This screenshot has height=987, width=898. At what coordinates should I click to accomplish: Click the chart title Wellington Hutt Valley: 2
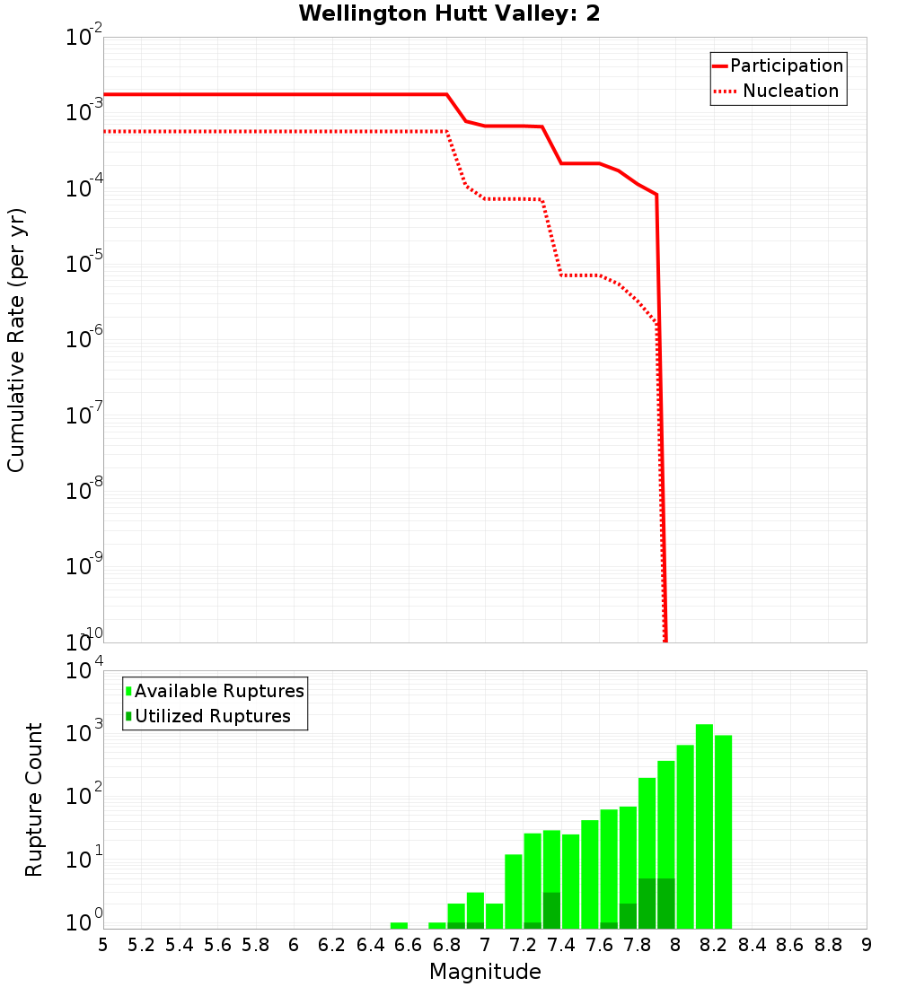click(449, 13)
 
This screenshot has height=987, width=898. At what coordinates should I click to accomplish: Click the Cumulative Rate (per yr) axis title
click(16, 340)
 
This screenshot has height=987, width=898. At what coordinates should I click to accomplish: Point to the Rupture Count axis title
click(34, 799)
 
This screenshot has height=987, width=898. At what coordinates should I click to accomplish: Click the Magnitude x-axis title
click(485, 972)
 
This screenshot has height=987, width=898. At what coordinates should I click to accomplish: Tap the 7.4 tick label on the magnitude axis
click(561, 945)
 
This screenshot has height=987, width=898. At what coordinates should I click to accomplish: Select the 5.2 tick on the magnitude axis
click(141, 945)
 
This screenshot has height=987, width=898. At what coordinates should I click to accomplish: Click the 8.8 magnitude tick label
click(828, 945)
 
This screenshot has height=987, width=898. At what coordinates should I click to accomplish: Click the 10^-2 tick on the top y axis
click(84, 38)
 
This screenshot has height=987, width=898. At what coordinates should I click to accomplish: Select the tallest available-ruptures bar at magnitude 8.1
click(704, 825)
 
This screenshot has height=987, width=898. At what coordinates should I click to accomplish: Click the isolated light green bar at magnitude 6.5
click(399, 925)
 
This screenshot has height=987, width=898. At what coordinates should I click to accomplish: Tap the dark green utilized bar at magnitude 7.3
click(551, 910)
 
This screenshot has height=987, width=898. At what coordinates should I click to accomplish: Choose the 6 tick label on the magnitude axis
click(294, 945)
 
